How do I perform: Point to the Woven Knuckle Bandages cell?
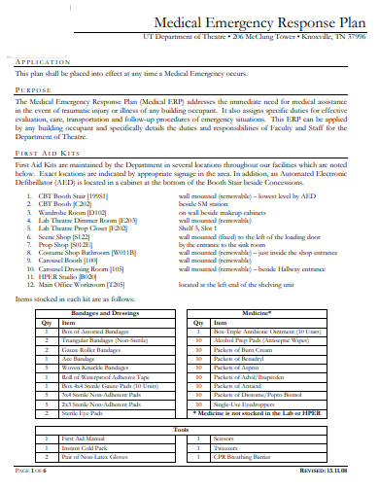[x=95, y=367]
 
